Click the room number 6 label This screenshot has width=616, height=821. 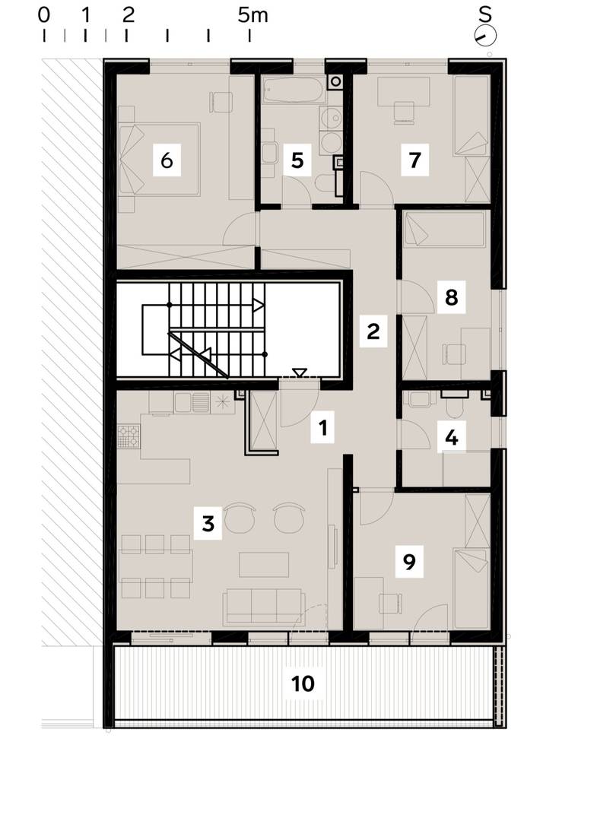click(x=167, y=160)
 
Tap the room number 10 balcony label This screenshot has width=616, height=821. click(x=303, y=683)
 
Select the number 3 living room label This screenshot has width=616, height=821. click(x=208, y=523)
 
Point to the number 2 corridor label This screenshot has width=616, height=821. click(x=373, y=331)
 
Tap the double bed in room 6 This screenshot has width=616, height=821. click(x=160, y=159)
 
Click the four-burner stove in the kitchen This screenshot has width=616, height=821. click(x=129, y=436)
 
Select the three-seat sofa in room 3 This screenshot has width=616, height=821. click(x=263, y=607)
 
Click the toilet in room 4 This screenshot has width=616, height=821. click(x=454, y=404)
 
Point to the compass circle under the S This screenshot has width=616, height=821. click(x=485, y=36)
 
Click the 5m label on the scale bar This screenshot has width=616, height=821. click(x=253, y=15)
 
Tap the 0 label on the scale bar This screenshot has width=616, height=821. click(x=44, y=15)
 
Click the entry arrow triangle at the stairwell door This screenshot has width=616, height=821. click(x=299, y=372)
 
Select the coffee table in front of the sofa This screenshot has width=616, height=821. click(x=264, y=565)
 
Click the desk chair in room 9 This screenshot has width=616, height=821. click(x=391, y=603)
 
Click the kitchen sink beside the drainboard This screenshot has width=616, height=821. click(x=183, y=403)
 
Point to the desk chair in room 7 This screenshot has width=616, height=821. click(x=403, y=112)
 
